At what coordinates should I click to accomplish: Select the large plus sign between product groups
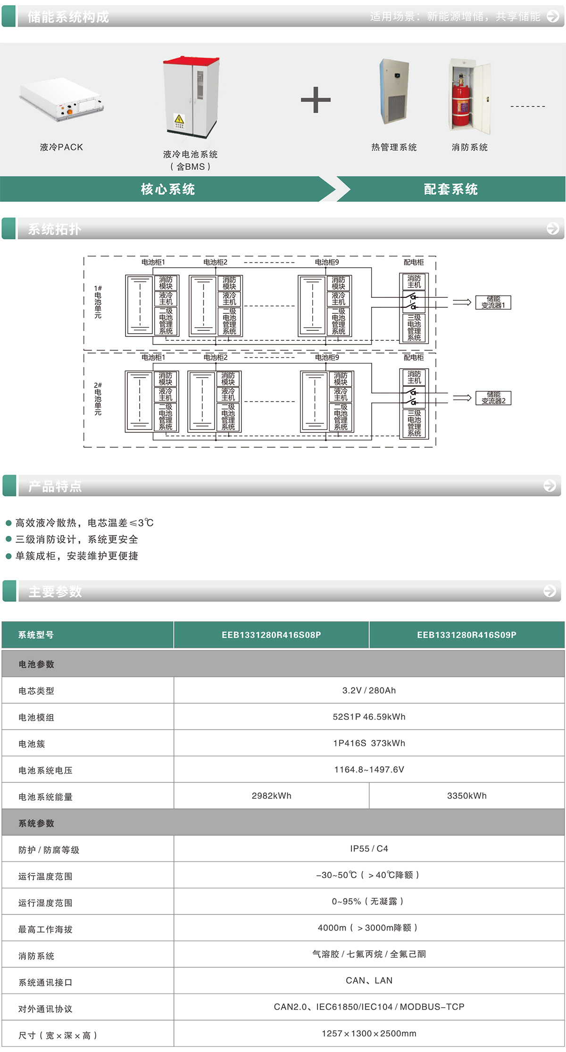pyautogui.click(x=316, y=100)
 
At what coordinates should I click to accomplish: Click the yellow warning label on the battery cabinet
pyautogui.click(x=180, y=120)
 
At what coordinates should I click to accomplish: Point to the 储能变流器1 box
pyautogui.click(x=493, y=303)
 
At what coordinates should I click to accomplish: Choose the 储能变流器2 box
pyautogui.click(x=493, y=398)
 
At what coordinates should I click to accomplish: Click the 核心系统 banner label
pyautogui.click(x=168, y=189)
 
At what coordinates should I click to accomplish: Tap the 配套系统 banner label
pyautogui.click(x=451, y=189)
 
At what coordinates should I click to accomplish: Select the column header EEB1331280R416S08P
pyautogui.click(x=271, y=635)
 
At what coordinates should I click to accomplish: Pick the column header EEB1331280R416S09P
pyautogui.click(x=466, y=635)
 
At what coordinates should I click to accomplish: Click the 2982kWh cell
pyautogui.click(x=271, y=796)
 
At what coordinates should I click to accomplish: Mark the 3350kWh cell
pyautogui.click(x=466, y=796)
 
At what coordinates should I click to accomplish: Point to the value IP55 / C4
pyautogui.click(x=369, y=849)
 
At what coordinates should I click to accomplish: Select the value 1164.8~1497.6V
pyautogui.click(x=369, y=770)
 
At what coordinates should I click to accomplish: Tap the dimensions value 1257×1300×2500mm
pyautogui.click(x=369, y=1034)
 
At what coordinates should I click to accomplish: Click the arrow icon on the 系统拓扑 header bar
pyautogui.click(x=552, y=229)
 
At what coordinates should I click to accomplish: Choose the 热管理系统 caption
pyautogui.click(x=394, y=148)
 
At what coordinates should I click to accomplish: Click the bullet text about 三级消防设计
pyautogui.click(x=77, y=539)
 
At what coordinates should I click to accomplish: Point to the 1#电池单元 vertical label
pyautogui.click(x=98, y=302)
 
